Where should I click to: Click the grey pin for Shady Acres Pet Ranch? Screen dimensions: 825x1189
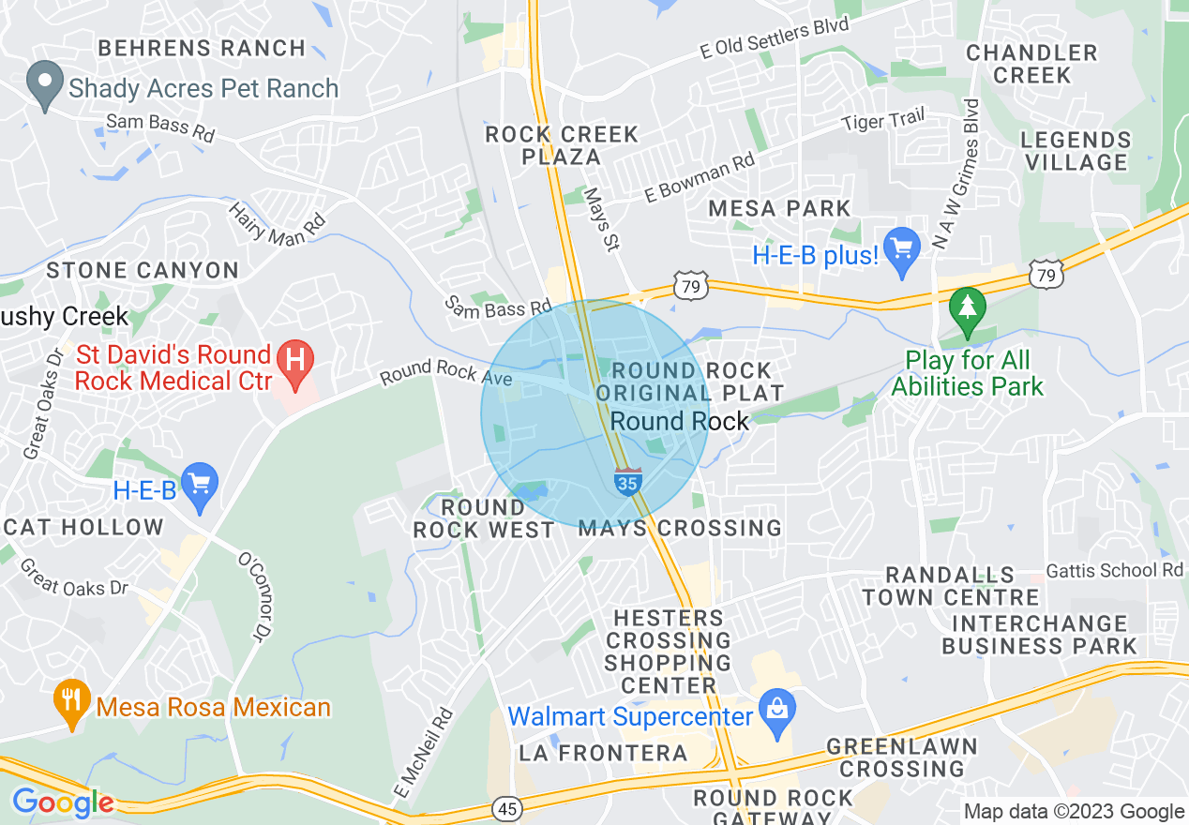(x=44, y=83)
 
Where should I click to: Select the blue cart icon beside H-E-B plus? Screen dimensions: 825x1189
(x=902, y=250)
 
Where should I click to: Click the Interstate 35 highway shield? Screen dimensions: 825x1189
(x=628, y=481)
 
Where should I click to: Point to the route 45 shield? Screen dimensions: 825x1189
(x=506, y=808)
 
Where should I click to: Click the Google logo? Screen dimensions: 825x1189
(x=62, y=802)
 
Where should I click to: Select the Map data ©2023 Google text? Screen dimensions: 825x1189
(x=1075, y=812)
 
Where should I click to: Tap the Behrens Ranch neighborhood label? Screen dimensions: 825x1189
(x=202, y=48)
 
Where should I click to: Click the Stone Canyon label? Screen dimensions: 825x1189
(x=143, y=271)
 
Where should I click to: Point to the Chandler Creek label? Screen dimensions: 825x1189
(x=1031, y=64)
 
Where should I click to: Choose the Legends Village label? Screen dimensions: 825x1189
(x=1076, y=151)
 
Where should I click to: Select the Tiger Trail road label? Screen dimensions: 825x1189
(x=882, y=121)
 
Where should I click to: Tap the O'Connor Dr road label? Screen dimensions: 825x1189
(x=258, y=598)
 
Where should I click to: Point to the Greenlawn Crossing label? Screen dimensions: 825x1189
(x=901, y=757)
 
